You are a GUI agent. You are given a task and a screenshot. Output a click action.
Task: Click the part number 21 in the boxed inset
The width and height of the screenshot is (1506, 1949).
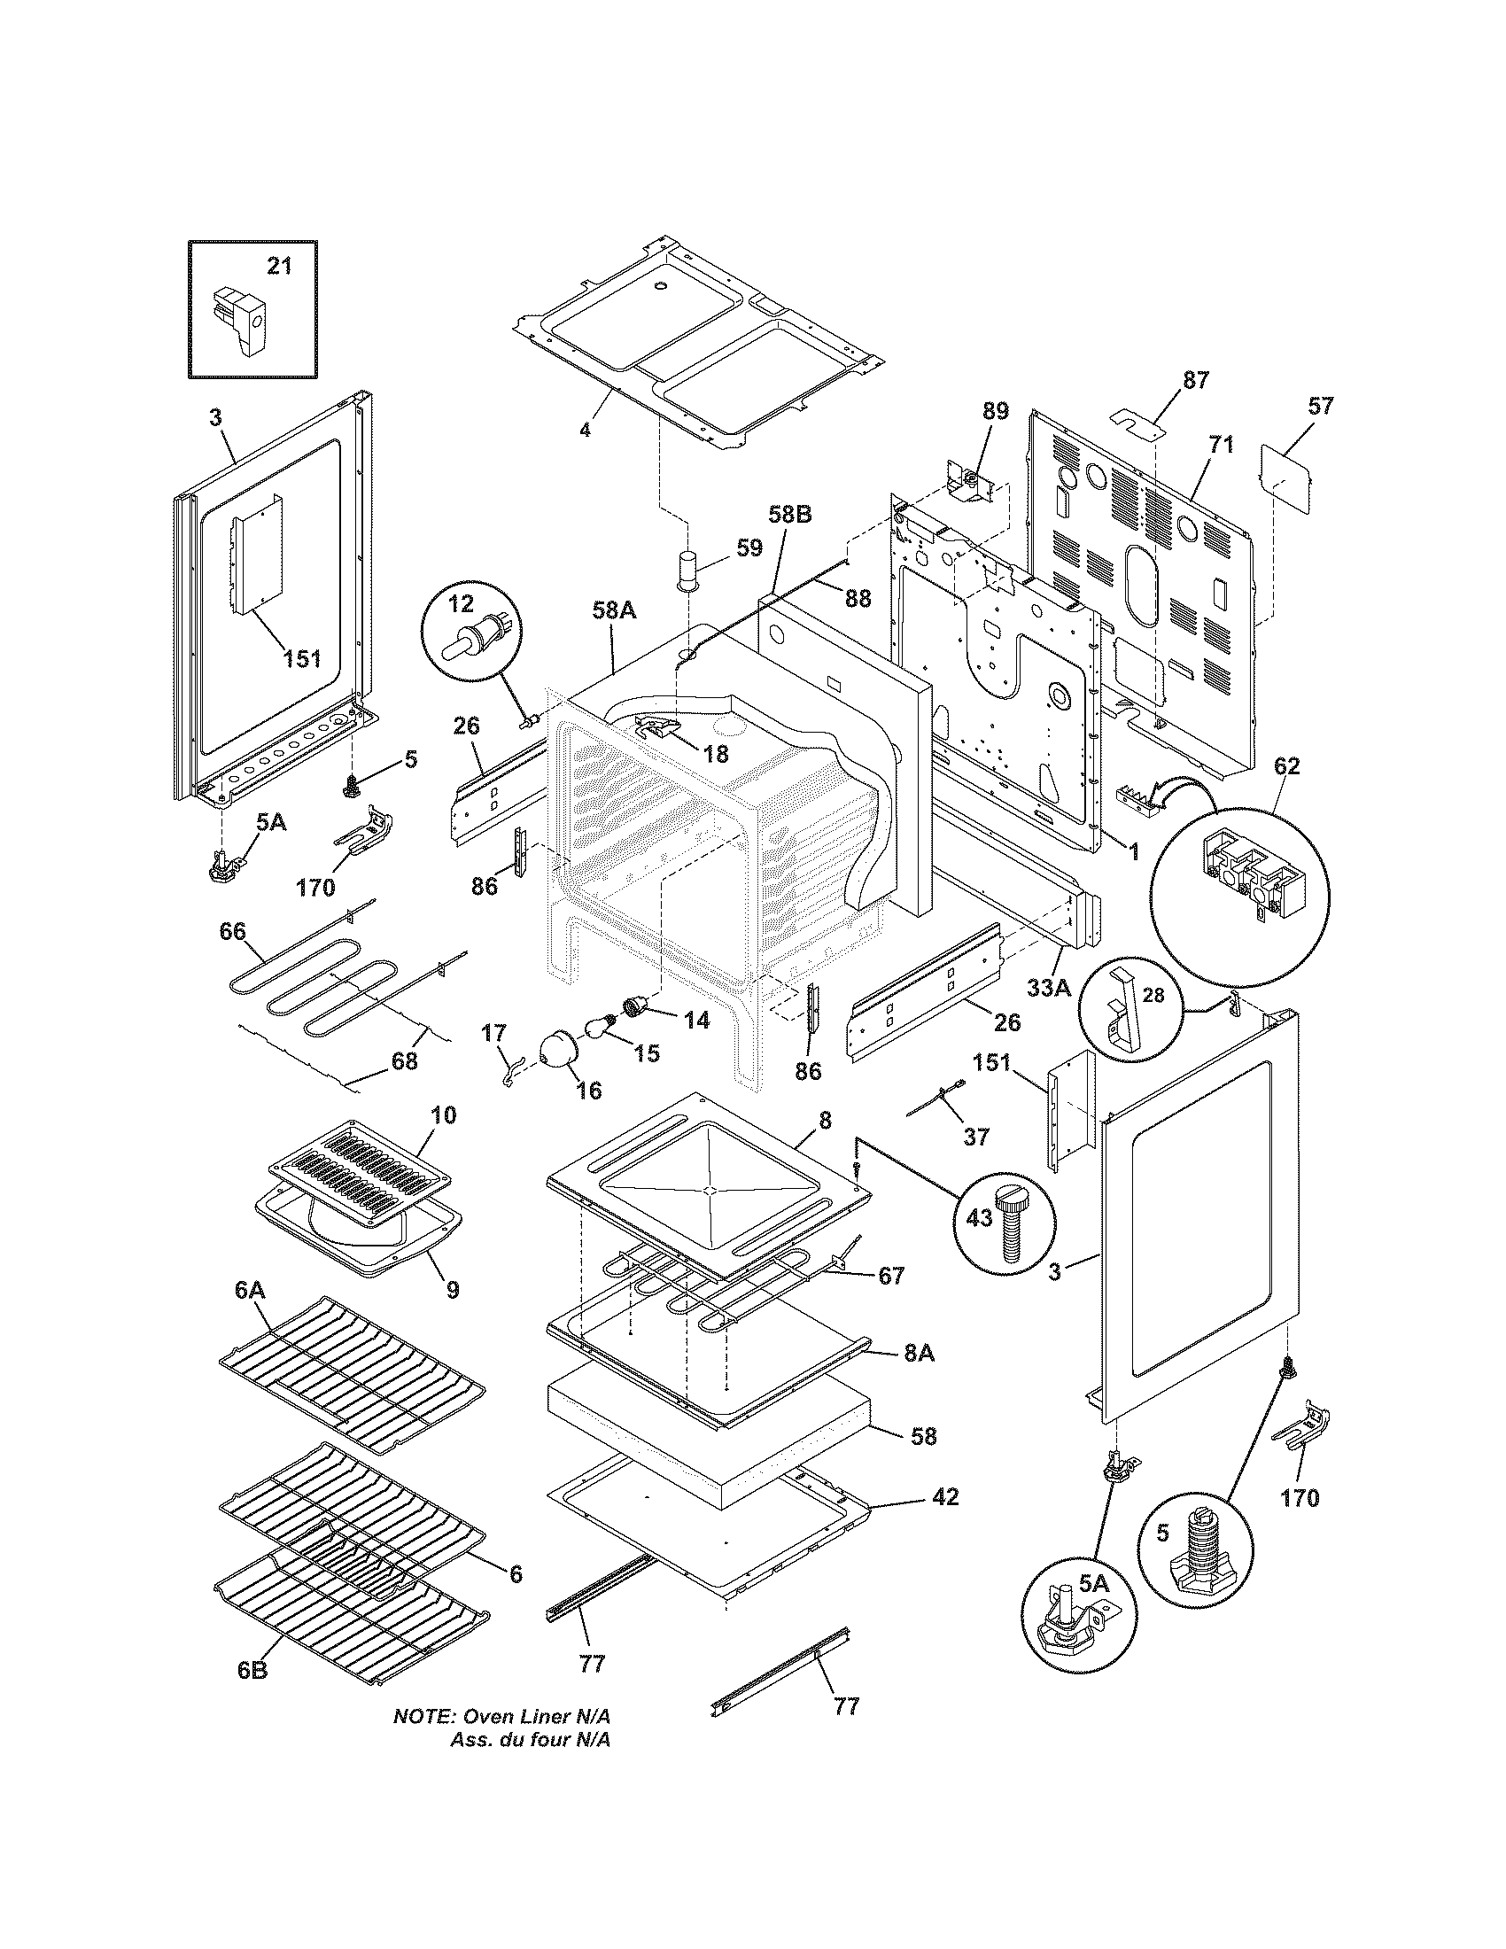(280, 266)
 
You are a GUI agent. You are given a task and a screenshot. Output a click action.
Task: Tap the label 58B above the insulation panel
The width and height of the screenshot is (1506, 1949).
(790, 515)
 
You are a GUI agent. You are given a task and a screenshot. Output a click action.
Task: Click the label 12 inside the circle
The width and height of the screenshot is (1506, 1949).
(461, 604)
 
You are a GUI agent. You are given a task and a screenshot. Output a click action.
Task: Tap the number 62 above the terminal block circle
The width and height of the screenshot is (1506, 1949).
(1287, 765)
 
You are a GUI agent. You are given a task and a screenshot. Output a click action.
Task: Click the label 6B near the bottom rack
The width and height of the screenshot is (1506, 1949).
(252, 1663)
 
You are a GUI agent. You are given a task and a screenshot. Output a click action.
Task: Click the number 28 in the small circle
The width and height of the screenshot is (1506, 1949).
(1153, 996)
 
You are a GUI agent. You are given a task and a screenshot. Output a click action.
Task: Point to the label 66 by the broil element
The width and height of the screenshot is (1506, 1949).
(233, 931)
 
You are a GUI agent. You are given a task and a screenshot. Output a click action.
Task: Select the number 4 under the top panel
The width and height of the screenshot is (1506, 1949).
(585, 431)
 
